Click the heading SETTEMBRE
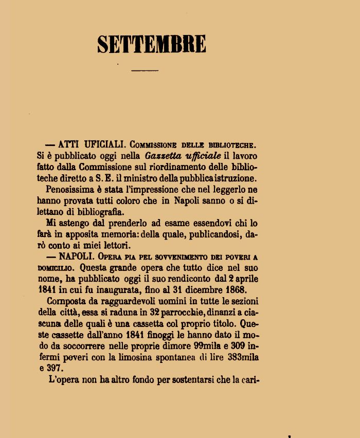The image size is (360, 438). click(151, 44)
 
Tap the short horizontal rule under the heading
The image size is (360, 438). click(145, 69)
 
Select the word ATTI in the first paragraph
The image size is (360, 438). click(69, 144)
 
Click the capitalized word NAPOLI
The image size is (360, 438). click(76, 256)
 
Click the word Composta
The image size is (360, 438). click(67, 301)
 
